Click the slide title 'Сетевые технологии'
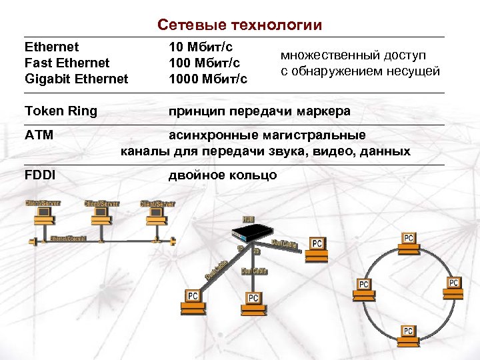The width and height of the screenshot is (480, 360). click(x=239, y=25)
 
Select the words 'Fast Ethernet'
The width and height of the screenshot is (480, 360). click(x=67, y=63)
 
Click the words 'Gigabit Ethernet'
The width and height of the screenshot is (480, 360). click(x=75, y=79)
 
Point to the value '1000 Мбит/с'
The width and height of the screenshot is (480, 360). click(x=207, y=79)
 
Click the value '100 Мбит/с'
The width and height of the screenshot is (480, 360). click(x=205, y=63)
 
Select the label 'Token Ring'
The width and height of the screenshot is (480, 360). click(x=60, y=111)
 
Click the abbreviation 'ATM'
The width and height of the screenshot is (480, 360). click(x=39, y=135)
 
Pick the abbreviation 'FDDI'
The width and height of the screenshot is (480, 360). click(x=39, y=175)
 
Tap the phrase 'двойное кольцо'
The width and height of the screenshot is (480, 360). click(x=222, y=175)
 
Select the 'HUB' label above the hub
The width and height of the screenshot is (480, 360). click(x=248, y=219)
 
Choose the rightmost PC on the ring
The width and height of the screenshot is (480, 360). click(x=453, y=285)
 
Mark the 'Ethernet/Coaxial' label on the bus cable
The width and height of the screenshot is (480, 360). click(x=69, y=239)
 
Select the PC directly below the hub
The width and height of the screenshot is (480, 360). click(x=253, y=299)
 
